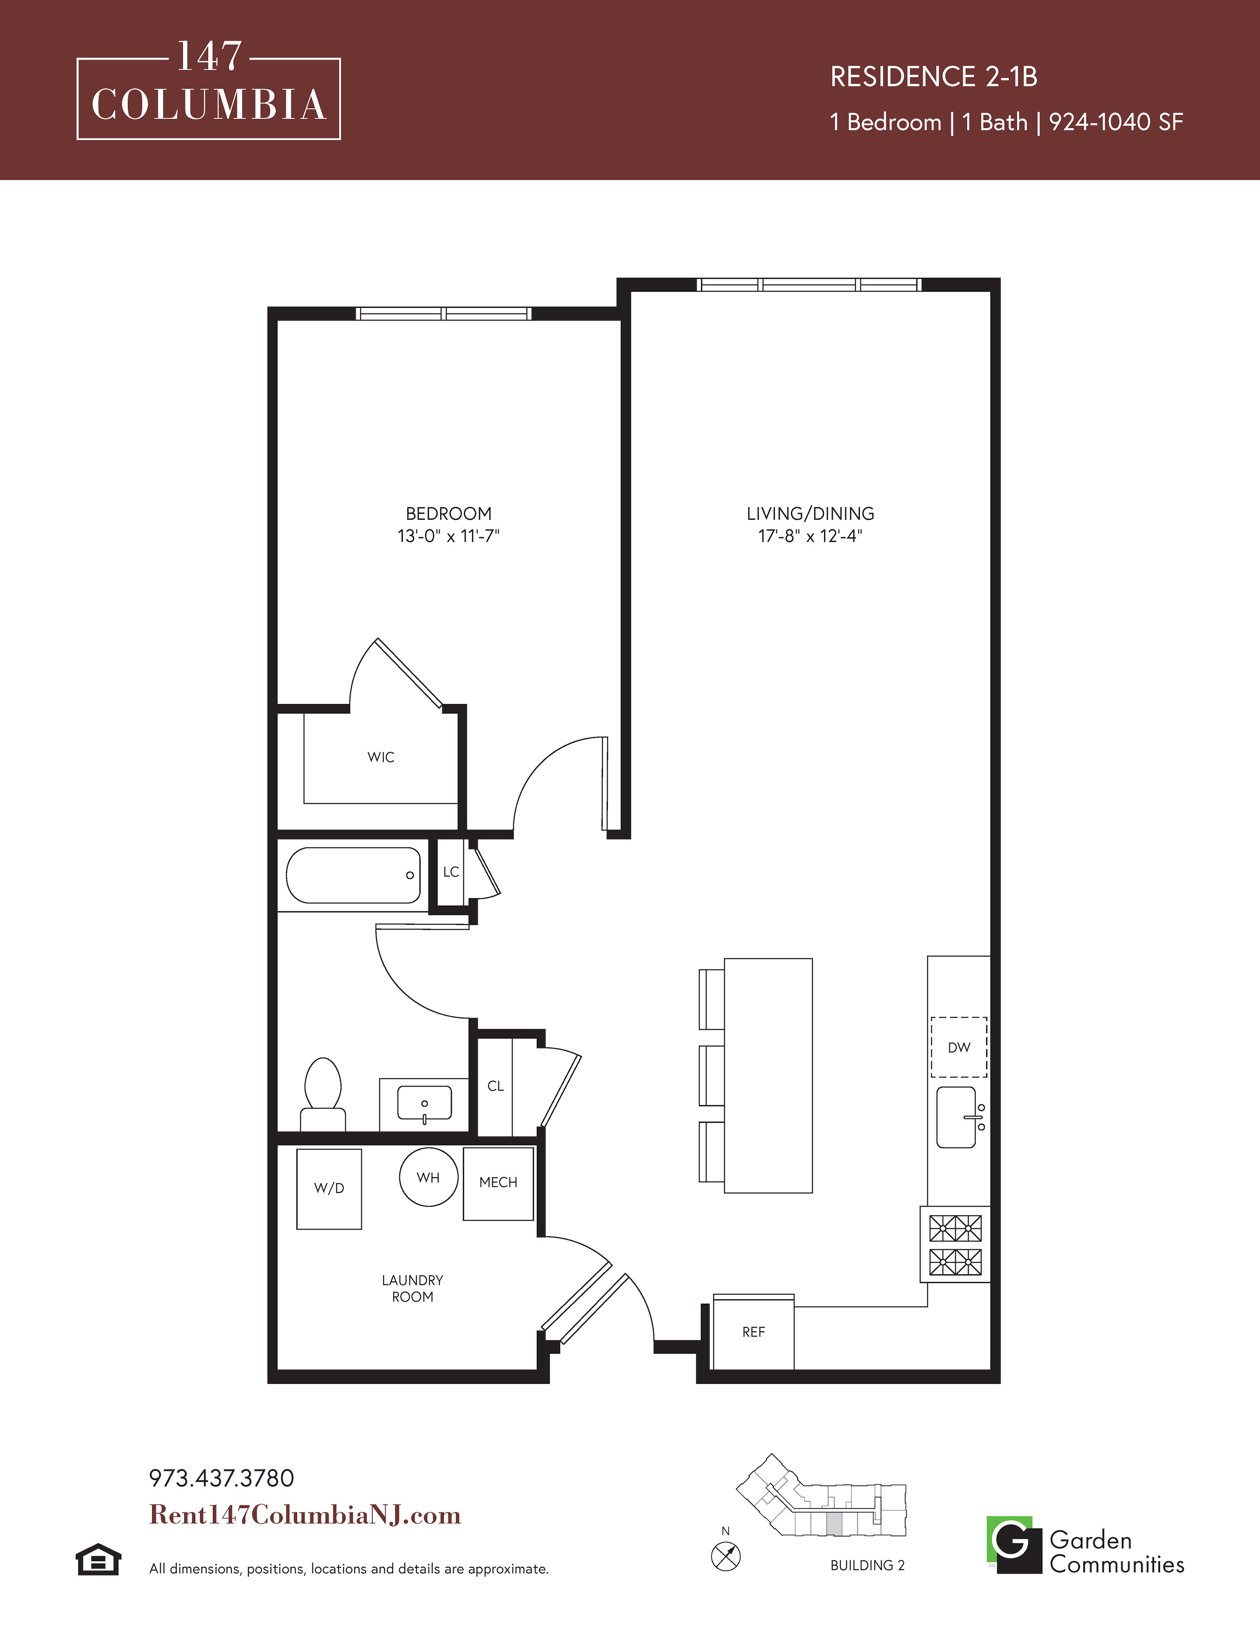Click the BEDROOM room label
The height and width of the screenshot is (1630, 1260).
click(x=449, y=514)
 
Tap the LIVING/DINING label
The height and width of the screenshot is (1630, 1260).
click(x=811, y=514)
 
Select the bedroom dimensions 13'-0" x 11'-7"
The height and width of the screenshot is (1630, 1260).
click(x=449, y=536)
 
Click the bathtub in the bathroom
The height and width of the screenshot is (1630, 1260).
click(x=353, y=875)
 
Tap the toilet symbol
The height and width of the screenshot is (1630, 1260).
click(x=323, y=1095)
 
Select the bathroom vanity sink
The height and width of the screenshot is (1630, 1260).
click(x=424, y=1104)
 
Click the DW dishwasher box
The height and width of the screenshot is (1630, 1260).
click(x=959, y=1047)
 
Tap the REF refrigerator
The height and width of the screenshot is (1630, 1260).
click(x=753, y=1332)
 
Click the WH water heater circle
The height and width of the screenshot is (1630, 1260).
click(x=428, y=1177)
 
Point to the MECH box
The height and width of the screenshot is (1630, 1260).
click(x=498, y=1183)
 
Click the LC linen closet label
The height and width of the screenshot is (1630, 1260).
click(x=451, y=872)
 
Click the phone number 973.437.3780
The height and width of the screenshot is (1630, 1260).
click(x=222, y=1478)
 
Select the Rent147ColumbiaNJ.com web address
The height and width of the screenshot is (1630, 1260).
click(x=305, y=1514)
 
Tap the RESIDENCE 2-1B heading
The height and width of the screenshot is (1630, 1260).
click(x=934, y=76)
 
